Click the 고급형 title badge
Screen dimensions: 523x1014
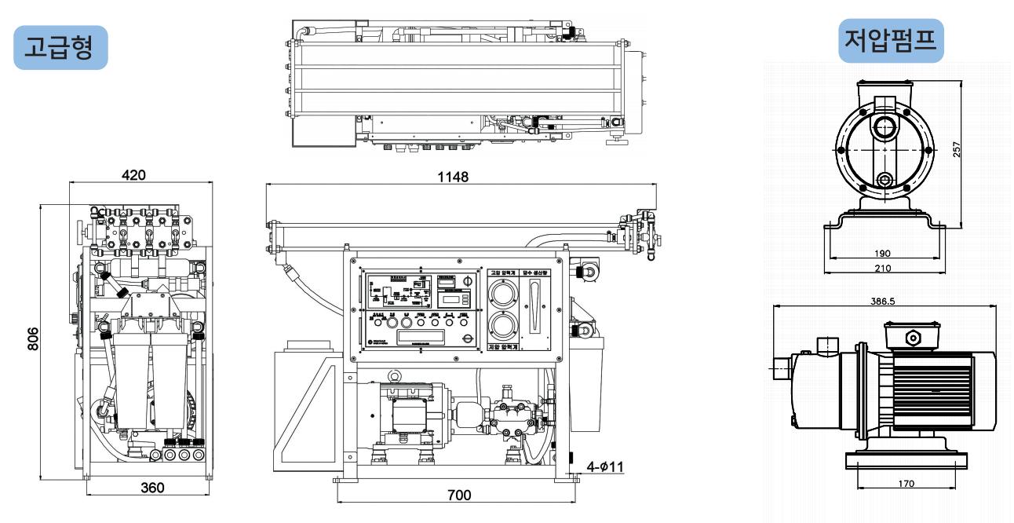click(60, 48)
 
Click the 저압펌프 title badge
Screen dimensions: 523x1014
click(890, 40)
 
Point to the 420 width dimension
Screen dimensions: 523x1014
click(134, 175)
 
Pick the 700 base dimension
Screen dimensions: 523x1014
click(459, 495)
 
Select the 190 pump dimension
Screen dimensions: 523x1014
click(881, 253)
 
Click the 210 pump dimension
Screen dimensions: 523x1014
click(882, 268)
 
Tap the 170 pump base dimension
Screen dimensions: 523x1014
click(906, 483)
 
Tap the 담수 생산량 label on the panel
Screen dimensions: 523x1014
click(538, 273)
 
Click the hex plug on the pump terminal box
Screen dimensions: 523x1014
click(913, 338)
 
